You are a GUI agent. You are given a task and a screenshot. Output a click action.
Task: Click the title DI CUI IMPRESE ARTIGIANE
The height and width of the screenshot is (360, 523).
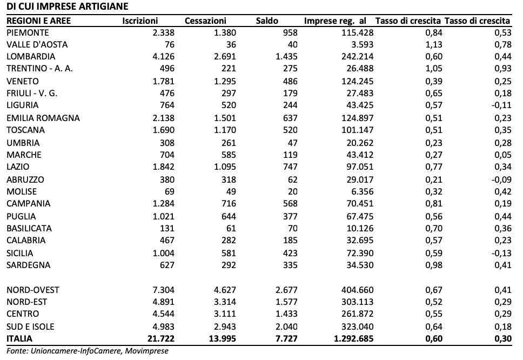coord(68,6)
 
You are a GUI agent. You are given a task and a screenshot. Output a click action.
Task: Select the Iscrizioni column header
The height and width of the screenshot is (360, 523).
coord(140,21)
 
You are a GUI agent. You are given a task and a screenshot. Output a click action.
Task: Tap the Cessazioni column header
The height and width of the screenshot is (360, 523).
coord(205,21)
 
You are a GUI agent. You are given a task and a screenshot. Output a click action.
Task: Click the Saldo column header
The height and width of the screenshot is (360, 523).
coord(267,21)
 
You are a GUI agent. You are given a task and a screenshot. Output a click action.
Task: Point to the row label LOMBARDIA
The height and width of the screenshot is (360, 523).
coord(31,56)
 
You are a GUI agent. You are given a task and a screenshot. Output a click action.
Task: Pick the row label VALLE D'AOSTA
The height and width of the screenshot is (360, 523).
coord(37,44)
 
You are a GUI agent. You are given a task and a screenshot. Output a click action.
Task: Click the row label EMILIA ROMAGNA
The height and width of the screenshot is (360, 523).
coord(43,118)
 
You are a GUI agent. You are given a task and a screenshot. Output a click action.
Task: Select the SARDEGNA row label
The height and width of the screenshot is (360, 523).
coord(28,265)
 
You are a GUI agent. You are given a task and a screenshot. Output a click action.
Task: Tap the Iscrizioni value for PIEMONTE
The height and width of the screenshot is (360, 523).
coord(163,32)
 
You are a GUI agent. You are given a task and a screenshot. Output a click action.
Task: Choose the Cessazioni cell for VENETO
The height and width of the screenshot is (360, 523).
coord(225,81)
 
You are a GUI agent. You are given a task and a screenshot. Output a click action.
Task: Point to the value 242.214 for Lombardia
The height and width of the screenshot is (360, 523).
coord(358,56)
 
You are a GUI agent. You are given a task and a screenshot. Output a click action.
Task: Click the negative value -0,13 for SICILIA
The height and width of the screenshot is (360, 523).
coord(501,253)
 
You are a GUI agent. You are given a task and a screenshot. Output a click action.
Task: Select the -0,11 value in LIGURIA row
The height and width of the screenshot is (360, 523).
coord(501,105)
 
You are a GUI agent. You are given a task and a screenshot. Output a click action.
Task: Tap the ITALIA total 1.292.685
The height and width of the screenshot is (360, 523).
coord(353,338)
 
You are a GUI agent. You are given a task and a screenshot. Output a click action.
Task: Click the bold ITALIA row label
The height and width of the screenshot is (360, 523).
coord(19,338)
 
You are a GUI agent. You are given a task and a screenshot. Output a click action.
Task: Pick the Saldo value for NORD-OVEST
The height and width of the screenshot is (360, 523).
coord(286,290)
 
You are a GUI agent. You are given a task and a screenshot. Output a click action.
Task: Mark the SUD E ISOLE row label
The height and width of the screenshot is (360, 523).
coord(30,326)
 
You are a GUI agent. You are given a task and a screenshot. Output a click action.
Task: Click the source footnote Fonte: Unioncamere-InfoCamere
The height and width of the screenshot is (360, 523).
coord(88,351)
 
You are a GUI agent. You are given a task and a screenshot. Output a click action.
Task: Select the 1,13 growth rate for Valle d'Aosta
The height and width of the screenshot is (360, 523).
coord(434,44)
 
